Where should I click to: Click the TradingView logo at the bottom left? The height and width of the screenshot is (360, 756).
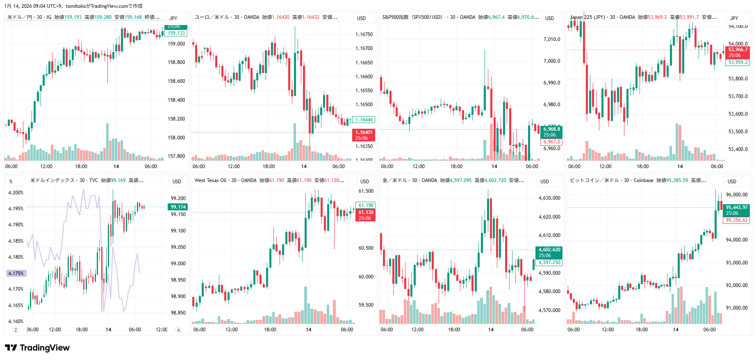pos(37,348)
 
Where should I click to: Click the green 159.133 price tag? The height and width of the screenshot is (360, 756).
pos(176,33)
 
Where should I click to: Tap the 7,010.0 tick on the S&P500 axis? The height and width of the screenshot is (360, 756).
pos(551,39)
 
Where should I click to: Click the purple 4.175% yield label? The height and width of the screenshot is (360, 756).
pos(16,273)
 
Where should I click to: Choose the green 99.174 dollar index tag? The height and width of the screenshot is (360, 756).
pos(178,207)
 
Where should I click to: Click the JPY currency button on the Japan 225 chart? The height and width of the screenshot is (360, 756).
pos(734,18)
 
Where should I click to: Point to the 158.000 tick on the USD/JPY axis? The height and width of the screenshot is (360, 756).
pos(176,138)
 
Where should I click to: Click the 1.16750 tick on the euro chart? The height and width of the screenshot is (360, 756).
pos(364,34)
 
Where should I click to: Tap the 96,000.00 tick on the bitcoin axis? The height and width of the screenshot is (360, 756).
pos(737,195)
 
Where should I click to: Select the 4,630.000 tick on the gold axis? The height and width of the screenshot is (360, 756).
pos(549,198)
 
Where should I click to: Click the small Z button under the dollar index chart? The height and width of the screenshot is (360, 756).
pos(16,330)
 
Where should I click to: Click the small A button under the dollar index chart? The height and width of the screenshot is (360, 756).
pos(178,330)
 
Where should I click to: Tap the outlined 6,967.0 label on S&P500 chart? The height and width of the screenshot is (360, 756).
pos(552,142)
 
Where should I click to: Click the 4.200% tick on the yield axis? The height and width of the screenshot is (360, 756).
pos(16,193)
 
